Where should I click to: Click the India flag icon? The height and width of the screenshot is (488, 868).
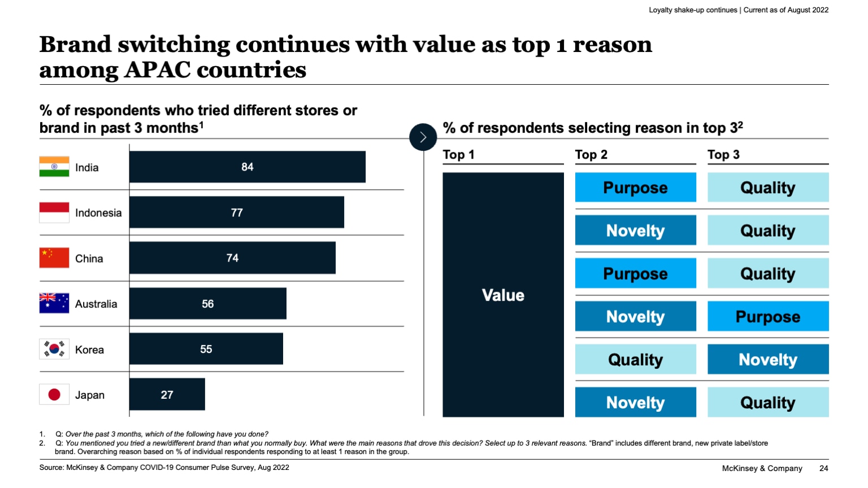(54, 167)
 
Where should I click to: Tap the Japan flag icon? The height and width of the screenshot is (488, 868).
(54, 394)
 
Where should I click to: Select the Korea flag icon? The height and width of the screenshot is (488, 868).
(54, 349)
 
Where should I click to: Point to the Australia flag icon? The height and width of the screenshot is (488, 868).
(54, 303)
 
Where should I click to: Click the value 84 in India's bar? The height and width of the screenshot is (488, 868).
(247, 167)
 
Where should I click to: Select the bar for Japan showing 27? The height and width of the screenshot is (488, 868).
(167, 394)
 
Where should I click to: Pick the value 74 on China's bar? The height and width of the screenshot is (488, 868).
(232, 258)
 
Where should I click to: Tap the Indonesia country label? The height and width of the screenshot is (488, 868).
(98, 213)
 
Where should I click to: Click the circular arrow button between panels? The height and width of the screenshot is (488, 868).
(423, 137)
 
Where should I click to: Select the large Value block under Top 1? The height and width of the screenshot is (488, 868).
(503, 295)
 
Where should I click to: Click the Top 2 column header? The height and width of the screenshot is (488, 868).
(591, 155)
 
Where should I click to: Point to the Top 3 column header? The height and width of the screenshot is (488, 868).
(723, 155)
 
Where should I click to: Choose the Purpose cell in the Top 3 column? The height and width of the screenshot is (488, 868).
(767, 316)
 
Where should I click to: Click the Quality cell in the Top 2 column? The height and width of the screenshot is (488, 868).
(635, 360)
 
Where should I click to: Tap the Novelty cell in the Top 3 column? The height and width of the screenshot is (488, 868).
(767, 360)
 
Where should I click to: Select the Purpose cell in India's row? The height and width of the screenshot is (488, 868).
(635, 188)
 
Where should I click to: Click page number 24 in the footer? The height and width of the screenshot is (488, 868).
(823, 468)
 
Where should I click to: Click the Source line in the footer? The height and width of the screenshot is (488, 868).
(164, 468)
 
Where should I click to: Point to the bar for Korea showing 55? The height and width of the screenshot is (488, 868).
(206, 349)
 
